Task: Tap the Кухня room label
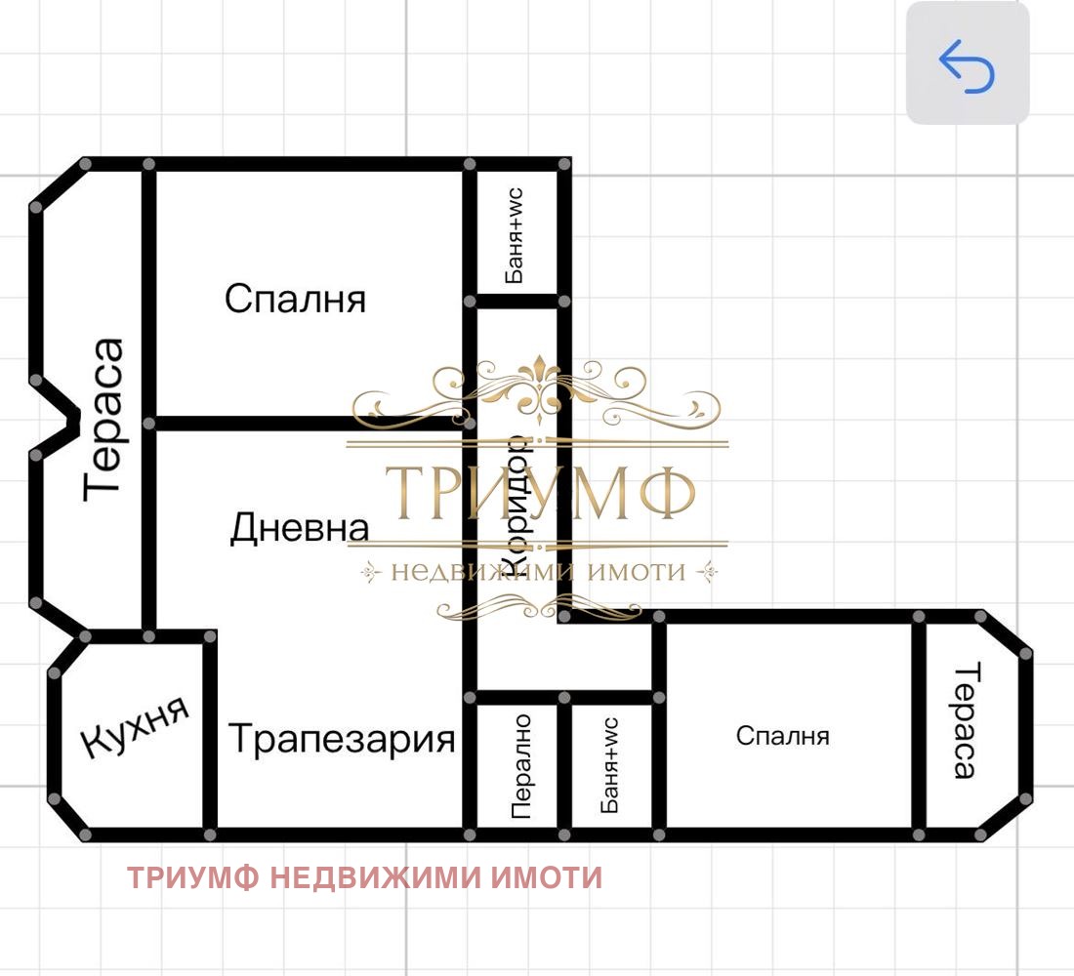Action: [x=134, y=728]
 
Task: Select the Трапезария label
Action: [x=342, y=739]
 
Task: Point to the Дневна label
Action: [x=300, y=528]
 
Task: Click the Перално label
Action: [x=521, y=766]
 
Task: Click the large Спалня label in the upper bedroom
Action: [x=295, y=298]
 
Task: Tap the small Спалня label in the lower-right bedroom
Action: [x=782, y=736]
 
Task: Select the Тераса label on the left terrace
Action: [x=104, y=419]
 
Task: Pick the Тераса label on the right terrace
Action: [x=965, y=721]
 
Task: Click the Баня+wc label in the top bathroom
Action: [x=515, y=235]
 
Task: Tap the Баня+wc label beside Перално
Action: [x=610, y=766]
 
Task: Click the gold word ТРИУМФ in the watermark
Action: [x=539, y=494]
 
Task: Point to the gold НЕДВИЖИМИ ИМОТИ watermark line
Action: [x=538, y=572]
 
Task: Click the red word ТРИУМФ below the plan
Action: [x=193, y=878]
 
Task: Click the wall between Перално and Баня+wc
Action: [x=565, y=766]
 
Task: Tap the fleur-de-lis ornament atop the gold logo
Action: [x=538, y=386]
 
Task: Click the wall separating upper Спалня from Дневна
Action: [x=293, y=424]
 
